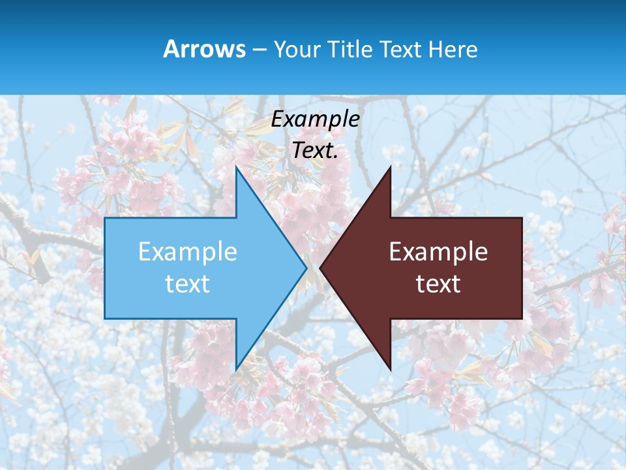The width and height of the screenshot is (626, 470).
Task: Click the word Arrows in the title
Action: point(204,49)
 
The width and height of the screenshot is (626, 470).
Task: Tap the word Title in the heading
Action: point(353,49)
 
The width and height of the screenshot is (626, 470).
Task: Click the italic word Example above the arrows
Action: point(316,119)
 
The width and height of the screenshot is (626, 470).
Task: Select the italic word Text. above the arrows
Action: point(316,150)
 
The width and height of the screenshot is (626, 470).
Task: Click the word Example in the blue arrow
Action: point(188,251)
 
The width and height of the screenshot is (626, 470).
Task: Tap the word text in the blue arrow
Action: point(188,284)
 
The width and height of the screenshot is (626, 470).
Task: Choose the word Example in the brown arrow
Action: point(438,251)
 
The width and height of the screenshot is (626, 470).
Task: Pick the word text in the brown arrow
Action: point(438,284)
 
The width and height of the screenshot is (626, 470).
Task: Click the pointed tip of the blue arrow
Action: point(306,268)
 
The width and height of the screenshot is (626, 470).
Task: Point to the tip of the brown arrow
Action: point(320,268)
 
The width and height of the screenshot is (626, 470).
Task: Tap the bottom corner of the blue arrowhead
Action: point(235,370)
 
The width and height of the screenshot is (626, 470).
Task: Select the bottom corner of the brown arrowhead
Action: point(391,370)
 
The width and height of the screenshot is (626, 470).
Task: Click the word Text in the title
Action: point(403,49)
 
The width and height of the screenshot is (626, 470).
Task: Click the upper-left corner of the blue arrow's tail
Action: point(105,218)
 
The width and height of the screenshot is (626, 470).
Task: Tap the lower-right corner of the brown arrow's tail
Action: point(522,319)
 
